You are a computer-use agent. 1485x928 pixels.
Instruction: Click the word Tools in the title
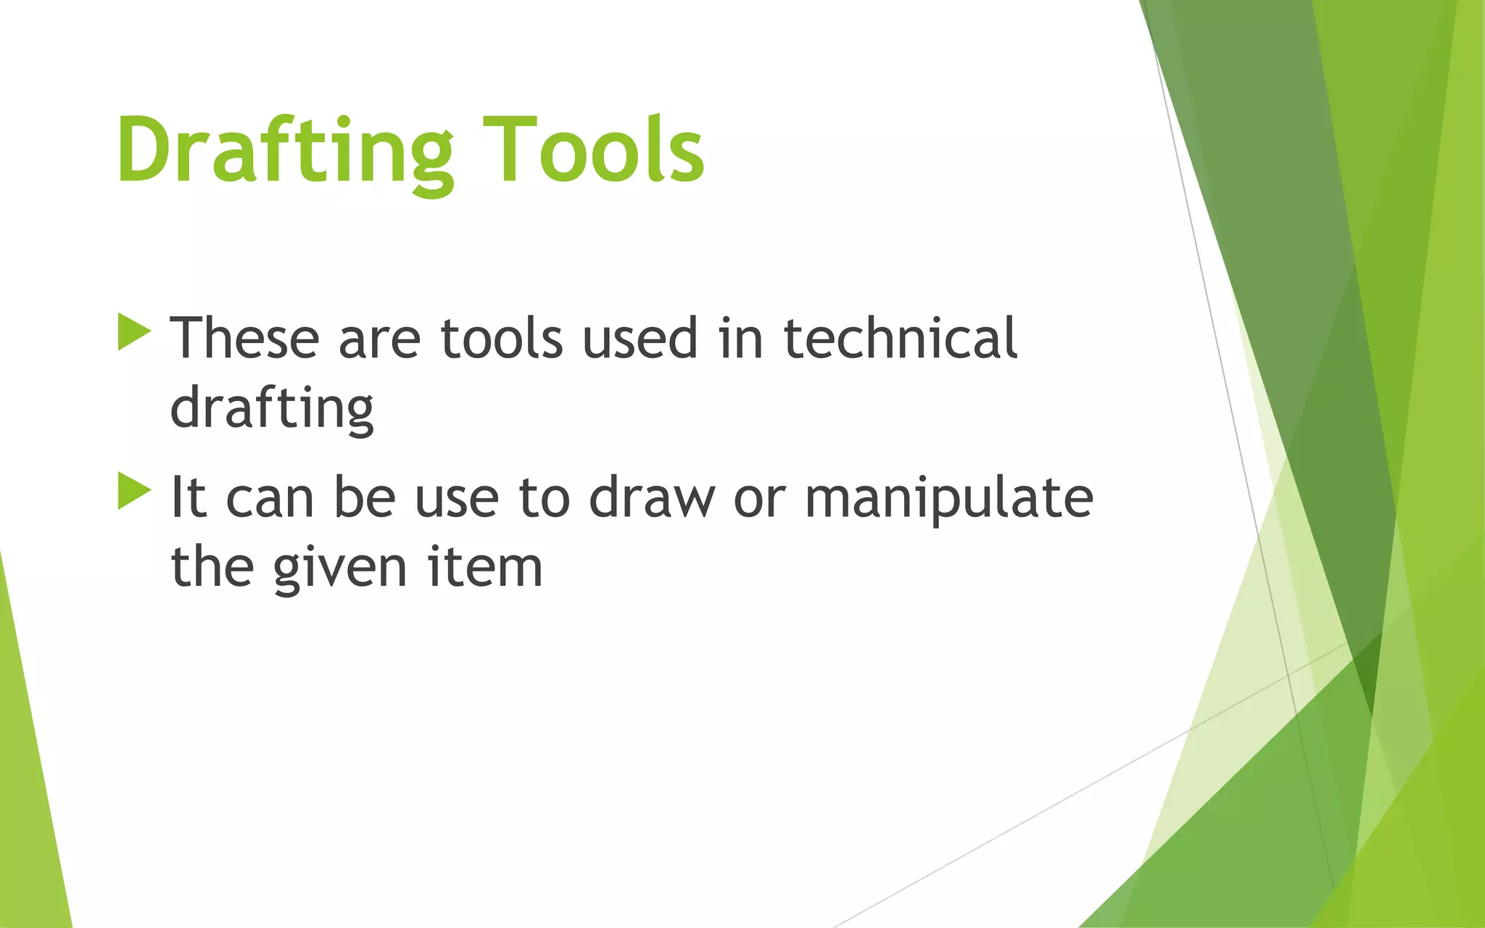click(594, 151)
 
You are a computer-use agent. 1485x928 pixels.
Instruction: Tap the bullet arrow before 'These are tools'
click(133, 333)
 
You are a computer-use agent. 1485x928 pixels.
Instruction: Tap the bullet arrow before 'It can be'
click(133, 491)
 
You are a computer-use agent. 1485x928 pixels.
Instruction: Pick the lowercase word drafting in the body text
click(272, 408)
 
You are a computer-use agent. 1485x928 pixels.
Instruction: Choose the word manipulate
click(949, 499)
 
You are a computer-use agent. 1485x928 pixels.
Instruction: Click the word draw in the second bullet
click(651, 497)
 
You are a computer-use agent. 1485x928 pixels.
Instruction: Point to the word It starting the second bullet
click(188, 497)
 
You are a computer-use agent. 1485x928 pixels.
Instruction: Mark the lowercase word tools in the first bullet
click(501, 338)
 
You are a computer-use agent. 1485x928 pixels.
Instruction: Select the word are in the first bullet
click(379, 339)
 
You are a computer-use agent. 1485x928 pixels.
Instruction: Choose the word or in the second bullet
click(758, 499)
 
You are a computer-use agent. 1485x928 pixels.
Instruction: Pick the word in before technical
click(741, 338)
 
